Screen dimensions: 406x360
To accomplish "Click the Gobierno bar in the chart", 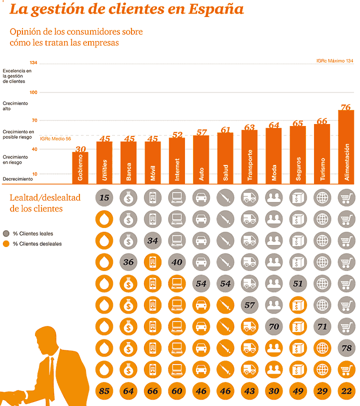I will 80,168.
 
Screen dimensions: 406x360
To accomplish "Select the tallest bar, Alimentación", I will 346,147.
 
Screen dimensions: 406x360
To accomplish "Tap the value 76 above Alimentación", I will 345,107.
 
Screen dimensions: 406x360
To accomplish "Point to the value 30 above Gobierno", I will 80,149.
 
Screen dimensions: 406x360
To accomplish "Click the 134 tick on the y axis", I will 33,62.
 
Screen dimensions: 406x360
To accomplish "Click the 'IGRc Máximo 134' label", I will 334,60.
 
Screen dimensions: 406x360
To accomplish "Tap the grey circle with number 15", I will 104,197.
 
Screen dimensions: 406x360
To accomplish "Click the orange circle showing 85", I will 104,390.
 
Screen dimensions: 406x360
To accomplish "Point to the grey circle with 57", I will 249,304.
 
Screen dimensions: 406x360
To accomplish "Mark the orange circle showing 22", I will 345,390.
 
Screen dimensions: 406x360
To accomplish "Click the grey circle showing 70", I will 273,326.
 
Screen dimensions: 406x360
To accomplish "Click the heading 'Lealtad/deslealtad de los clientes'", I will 45,202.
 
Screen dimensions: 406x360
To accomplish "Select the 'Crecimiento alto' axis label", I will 15,105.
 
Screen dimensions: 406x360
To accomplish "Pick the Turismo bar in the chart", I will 321,154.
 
